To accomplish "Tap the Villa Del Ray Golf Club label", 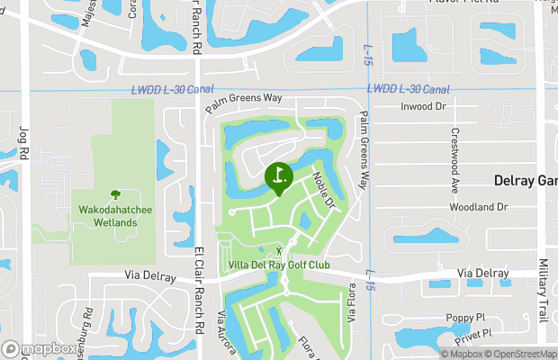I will pyautogui.click(x=279, y=265).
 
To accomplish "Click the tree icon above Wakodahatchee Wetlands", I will pyautogui.click(x=114, y=194).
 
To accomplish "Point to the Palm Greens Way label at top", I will pyautogui.click(x=243, y=103).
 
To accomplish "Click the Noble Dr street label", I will pyautogui.click(x=323, y=189).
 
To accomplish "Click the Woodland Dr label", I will pyautogui.click(x=478, y=207).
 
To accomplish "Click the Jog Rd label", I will pyautogui.click(x=24, y=143).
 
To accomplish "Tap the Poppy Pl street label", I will pyautogui.click(x=465, y=318).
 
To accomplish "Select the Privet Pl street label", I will pyautogui.click(x=473, y=333).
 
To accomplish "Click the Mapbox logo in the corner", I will pyautogui.click(x=40, y=348).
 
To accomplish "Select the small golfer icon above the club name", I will pyautogui.click(x=279, y=250).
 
